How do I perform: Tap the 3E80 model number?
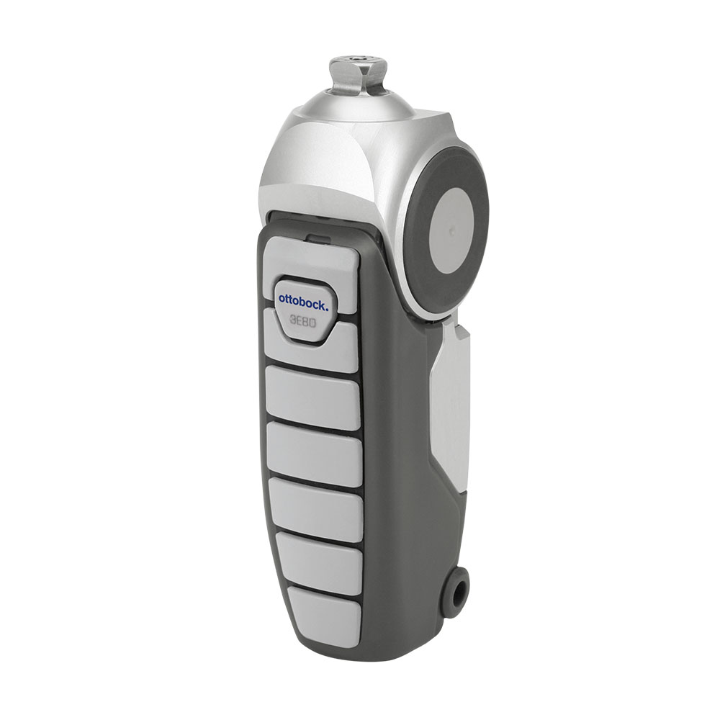point(302,322)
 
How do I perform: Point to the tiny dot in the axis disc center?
point(452,228)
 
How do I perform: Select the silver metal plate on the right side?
point(450,404)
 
